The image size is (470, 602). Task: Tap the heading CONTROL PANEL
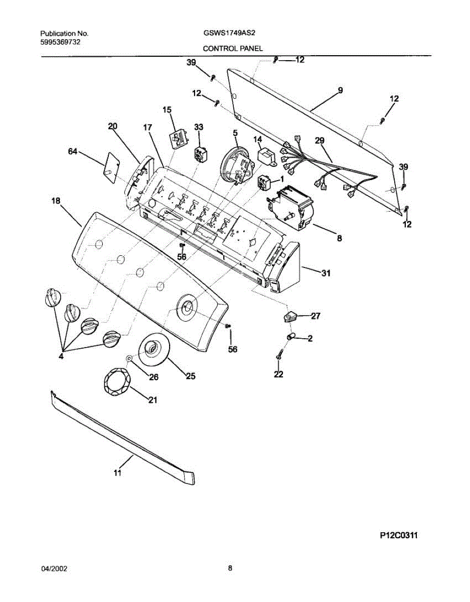[x=233, y=49]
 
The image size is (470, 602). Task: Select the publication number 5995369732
[x=60, y=43]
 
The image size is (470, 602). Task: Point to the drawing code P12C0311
[x=399, y=536]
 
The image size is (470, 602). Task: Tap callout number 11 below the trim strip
[x=117, y=473]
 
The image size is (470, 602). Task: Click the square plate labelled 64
[x=110, y=165]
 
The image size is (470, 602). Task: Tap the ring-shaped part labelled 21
[x=115, y=381]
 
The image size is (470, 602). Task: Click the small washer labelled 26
[x=129, y=358]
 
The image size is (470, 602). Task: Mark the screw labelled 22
[x=279, y=355]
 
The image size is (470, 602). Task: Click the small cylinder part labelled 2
[x=291, y=336]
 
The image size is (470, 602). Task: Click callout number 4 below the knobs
[x=61, y=357]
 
